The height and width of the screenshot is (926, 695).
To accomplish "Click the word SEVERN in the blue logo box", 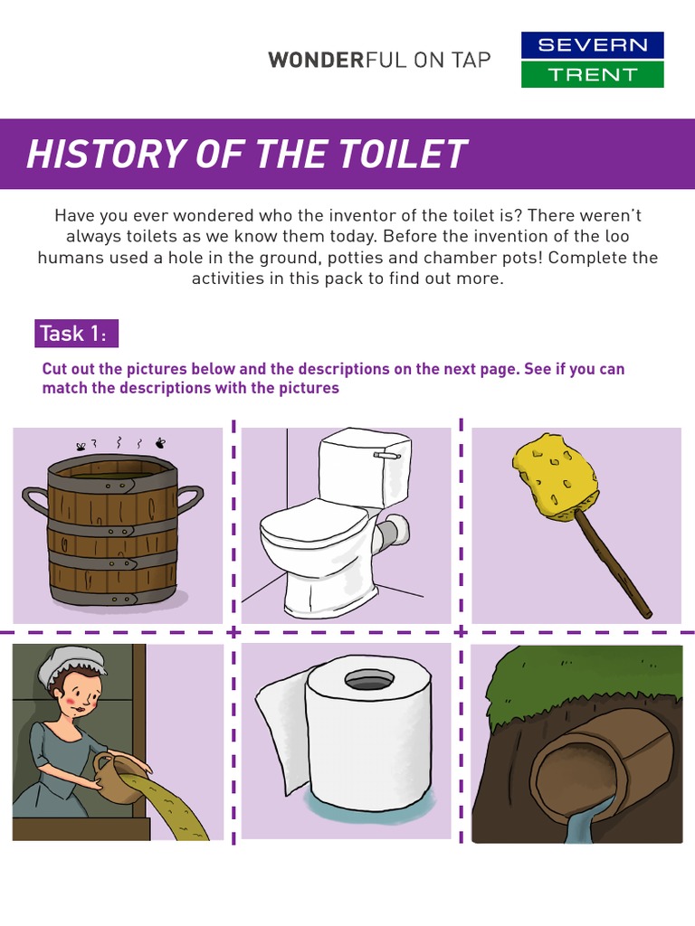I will (x=592, y=45).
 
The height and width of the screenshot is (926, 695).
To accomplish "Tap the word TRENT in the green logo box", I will (x=592, y=74).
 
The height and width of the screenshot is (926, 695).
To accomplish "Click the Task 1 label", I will (x=76, y=334).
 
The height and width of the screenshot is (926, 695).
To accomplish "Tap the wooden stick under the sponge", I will (x=615, y=564).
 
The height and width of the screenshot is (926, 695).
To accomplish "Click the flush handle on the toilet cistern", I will (x=387, y=456).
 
